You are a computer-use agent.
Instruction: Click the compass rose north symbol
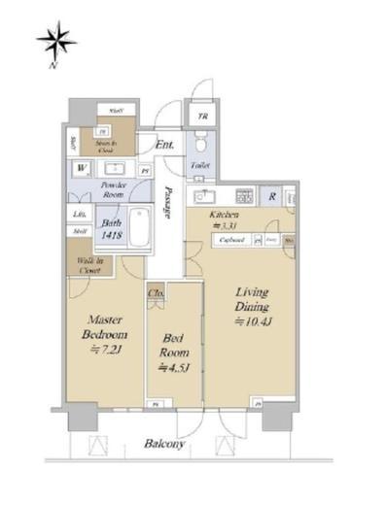(55, 44)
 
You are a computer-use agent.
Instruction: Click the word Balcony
(164, 444)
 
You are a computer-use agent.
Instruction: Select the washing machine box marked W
(80, 168)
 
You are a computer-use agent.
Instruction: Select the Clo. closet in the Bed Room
(156, 290)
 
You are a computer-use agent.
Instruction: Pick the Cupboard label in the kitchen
(230, 238)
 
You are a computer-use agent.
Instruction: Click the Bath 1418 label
(107, 227)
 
